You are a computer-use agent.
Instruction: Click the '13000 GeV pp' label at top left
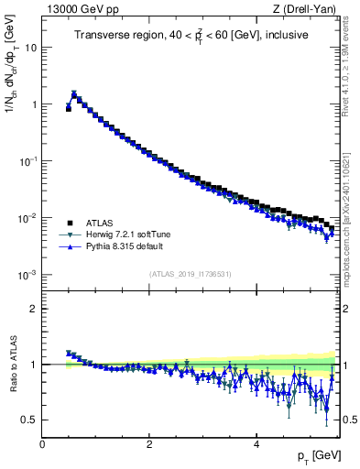(x=76, y=9)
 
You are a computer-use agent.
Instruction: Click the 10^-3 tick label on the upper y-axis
(x=28, y=275)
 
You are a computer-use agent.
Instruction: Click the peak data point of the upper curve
(x=74, y=93)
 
